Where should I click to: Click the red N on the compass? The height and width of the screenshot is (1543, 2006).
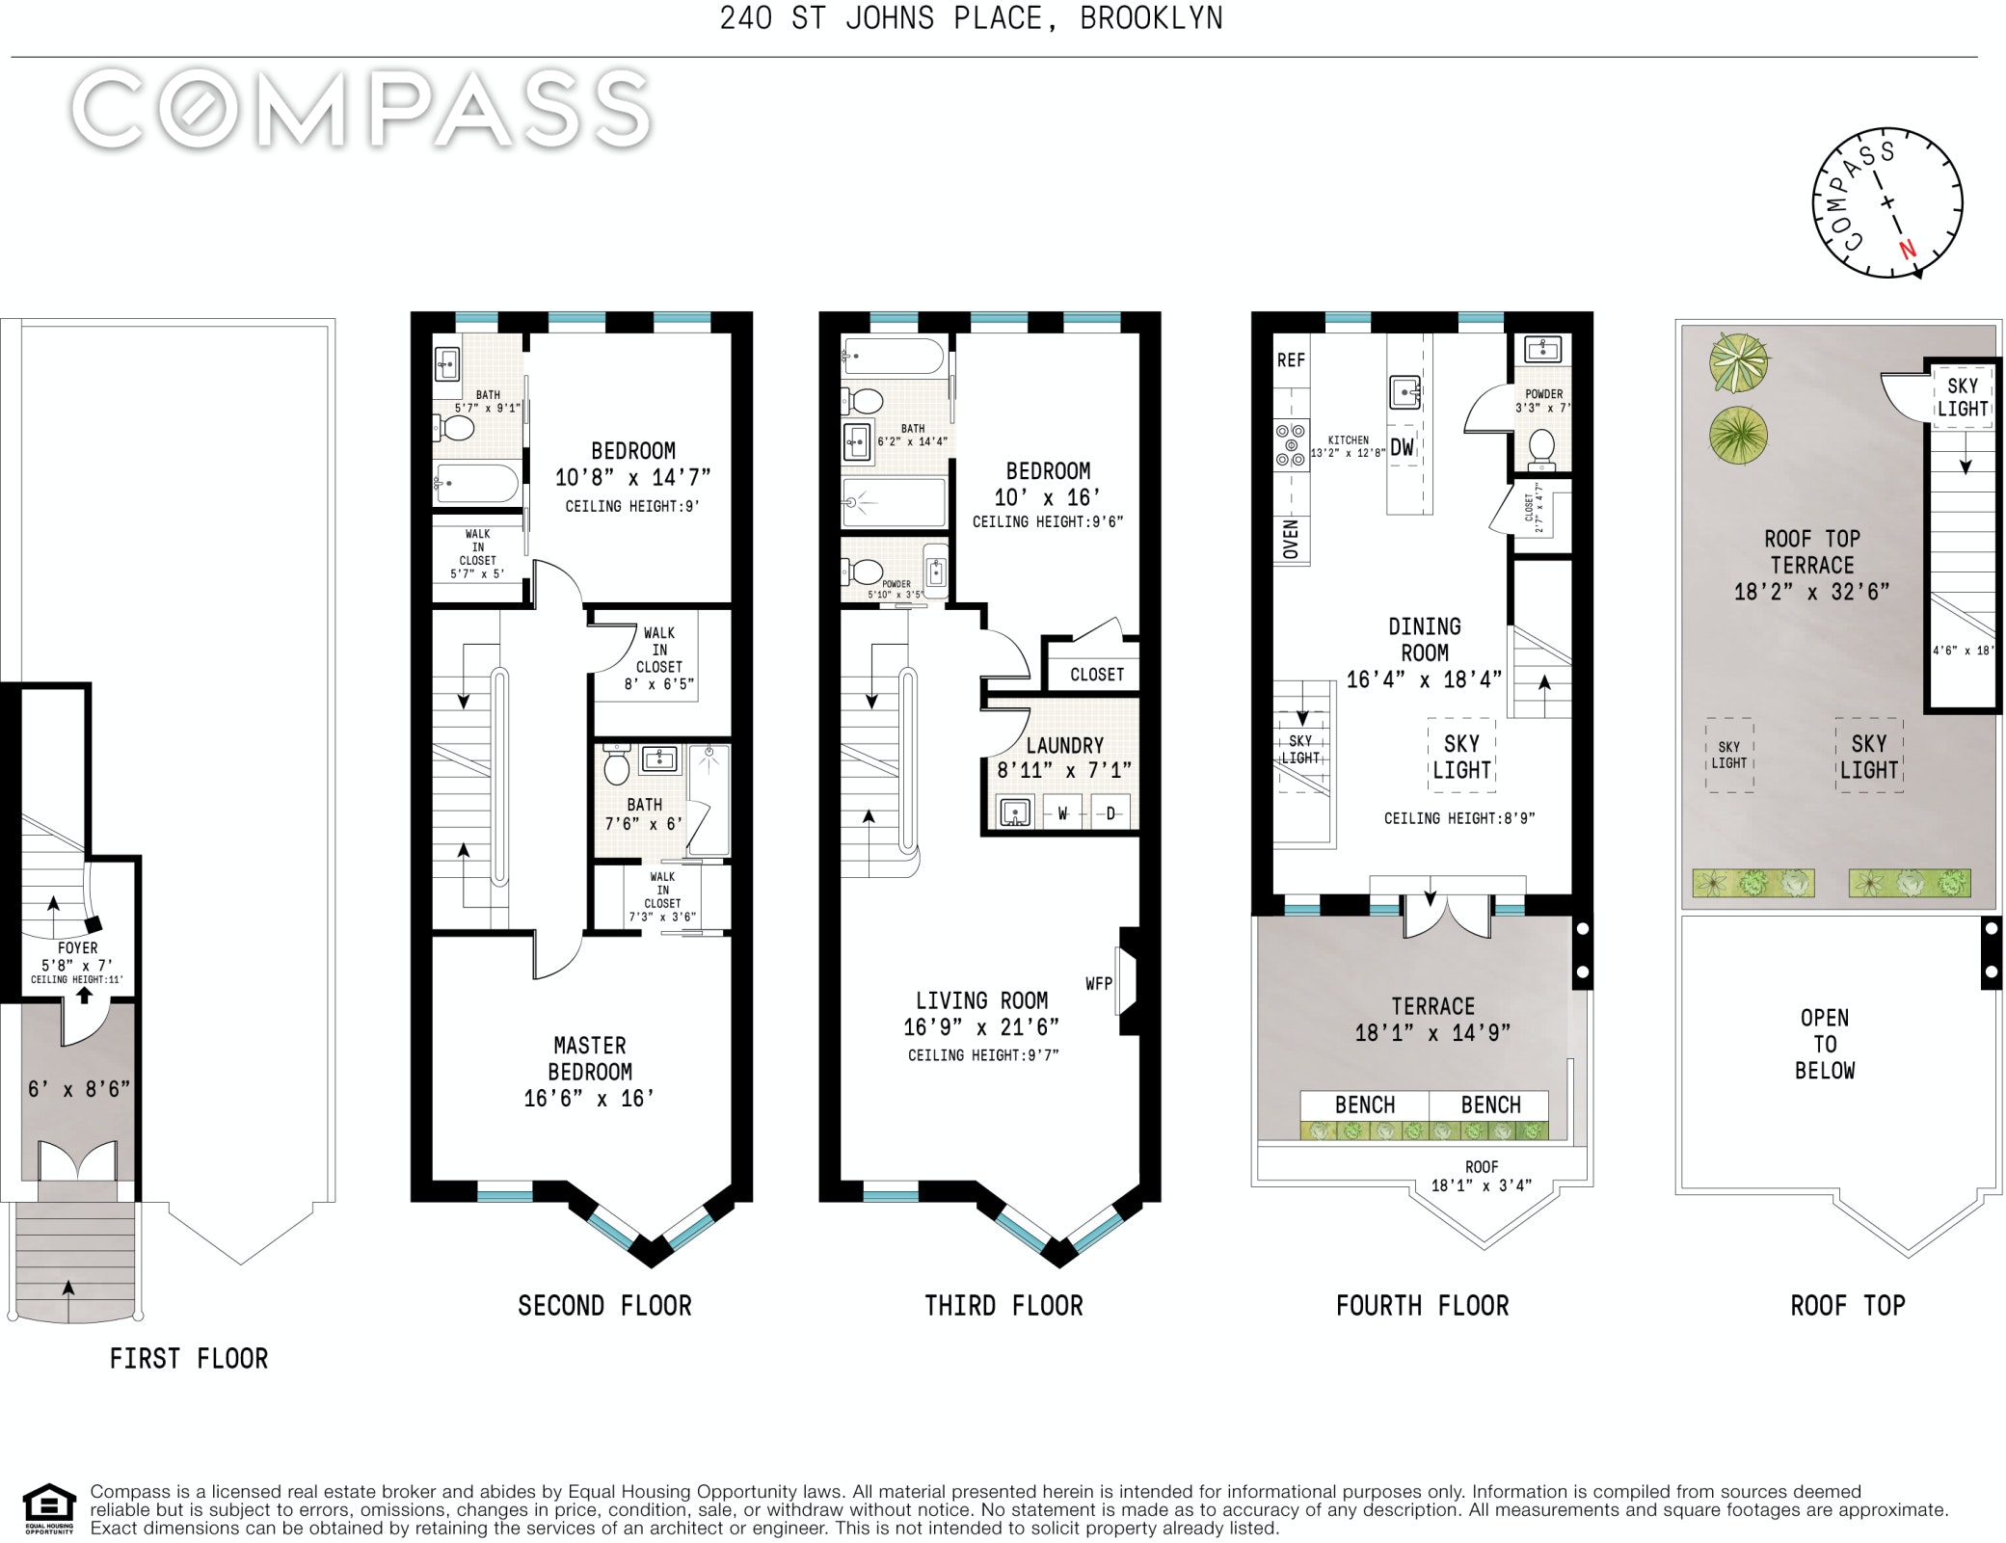pos(1907,250)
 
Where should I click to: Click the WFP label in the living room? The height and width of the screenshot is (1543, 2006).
pos(1099,984)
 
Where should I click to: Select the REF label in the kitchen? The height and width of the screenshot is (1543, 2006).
pos(1291,360)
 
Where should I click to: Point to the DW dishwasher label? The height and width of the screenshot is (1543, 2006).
pos(1403,447)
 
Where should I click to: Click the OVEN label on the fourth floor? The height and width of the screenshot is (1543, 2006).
pos(1291,539)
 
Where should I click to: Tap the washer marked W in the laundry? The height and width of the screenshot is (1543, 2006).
pos(1063,813)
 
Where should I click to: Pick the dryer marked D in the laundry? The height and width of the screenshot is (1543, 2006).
pos(1110,813)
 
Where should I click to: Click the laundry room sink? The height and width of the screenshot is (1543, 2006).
pos(1015,812)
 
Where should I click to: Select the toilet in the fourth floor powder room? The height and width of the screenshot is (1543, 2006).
pos(1541,448)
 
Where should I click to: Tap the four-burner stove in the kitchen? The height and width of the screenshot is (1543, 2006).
pos(1291,445)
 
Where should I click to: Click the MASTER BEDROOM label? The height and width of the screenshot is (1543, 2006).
pos(590,1058)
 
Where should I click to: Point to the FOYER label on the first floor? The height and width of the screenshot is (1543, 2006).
pos(77,948)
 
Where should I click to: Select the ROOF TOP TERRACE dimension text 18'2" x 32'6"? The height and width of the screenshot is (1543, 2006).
pos(1811,592)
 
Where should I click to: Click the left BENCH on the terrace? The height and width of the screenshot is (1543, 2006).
pos(1365,1105)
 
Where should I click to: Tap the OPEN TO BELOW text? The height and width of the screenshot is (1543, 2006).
pos(1825,1045)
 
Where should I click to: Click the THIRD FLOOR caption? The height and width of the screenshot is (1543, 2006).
pos(1003,1306)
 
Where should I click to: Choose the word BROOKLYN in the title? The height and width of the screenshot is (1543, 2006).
pos(1151,18)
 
